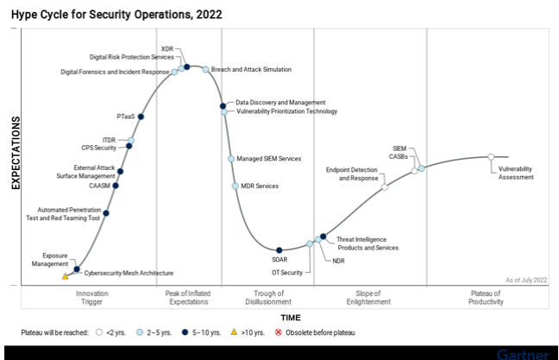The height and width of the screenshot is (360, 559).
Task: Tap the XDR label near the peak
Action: (x=168, y=47)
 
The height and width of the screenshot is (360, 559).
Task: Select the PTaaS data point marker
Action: (x=141, y=117)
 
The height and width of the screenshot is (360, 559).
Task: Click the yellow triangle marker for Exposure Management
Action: (x=65, y=276)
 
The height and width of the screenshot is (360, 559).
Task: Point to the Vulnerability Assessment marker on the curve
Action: (x=491, y=156)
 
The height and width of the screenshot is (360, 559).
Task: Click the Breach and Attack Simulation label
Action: (x=251, y=69)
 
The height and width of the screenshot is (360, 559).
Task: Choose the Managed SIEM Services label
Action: (x=269, y=159)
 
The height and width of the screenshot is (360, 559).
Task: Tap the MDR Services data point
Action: (x=236, y=186)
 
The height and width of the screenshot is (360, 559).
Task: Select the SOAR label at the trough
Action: (x=279, y=259)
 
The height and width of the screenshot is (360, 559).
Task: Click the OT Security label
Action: (x=287, y=273)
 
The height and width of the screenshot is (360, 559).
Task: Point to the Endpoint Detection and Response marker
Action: (x=385, y=186)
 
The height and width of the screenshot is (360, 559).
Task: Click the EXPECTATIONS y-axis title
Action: (x=15, y=155)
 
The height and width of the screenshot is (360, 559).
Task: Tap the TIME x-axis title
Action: (x=291, y=318)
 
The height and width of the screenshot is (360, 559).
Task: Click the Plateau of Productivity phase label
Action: (x=486, y=298)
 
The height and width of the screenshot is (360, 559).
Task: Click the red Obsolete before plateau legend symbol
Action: (x=278, y=332)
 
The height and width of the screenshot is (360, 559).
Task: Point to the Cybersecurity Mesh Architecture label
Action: (x=129, y=273)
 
